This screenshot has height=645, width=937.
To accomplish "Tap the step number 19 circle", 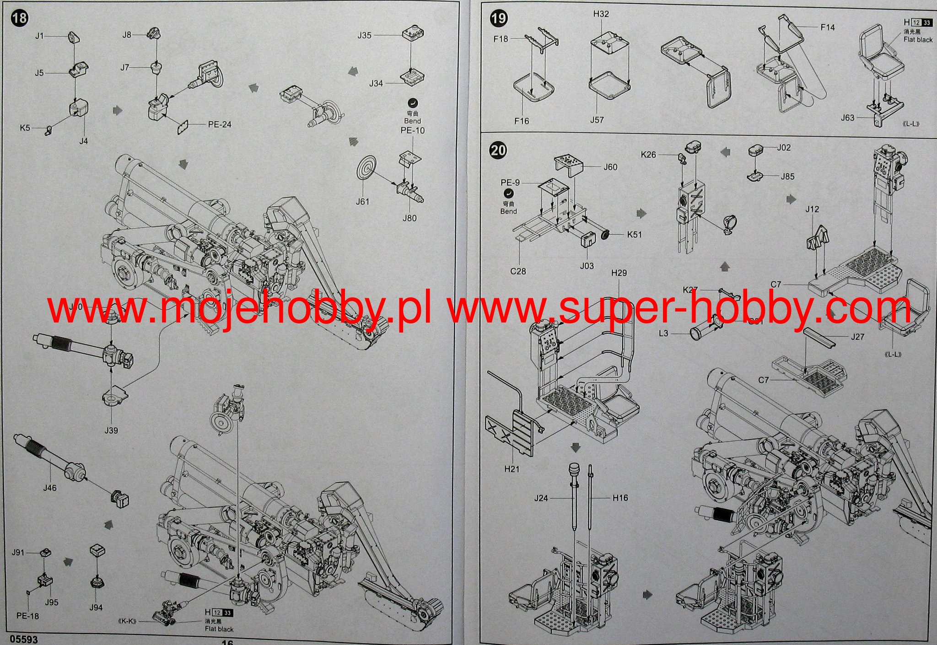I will pyautogui.click(x=498, y=18).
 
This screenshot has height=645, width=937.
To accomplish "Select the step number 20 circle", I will pyautogui.click(x=498, y=150).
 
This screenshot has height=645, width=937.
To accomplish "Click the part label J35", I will pyautogui.click(x=364, y=35).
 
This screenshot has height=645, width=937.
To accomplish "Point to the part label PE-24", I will pyautogui.click(x=220, y=124).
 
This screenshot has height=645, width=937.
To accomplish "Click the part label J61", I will pyautogui.click(x=362, y=202).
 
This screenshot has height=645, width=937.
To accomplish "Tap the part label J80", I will pyautogui.click(x=409, y=218).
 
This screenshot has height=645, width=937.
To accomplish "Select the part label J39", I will pyautogui.click(x=111, y=430).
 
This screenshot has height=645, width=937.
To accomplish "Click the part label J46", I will pyautogui.click(x=50, y=488).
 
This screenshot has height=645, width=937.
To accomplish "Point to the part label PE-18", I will pyautogui.click(x=28, y=616).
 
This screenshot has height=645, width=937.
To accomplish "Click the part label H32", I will pyautogui.click(x=601, y=14).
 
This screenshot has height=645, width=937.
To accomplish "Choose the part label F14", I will pyautogui.click(x=827, y=27).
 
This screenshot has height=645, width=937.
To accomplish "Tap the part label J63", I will pyautogui.click(x=847, y=118).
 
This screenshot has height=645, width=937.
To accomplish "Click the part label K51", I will pyautogui.click(x=634, y=235).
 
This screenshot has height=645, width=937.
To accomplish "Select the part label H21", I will pyautogui.click(x=512, y=469).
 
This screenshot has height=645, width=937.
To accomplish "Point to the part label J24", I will pyautogui.click(x=541, y=498).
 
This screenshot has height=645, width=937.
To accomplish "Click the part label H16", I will pyautogui.click(x=620, y=498).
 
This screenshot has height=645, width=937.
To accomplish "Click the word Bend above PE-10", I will pyautogui.click(x=412, y=121).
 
